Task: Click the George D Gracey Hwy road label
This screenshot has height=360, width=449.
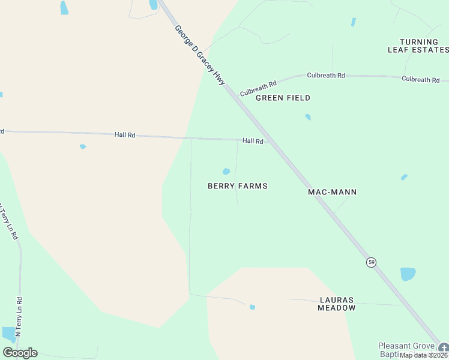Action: click(x=199, y=55)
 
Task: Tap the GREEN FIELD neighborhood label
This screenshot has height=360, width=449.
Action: click(x=283, y=98)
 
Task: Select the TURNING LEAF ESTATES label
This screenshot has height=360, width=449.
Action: click(x=418, y=46)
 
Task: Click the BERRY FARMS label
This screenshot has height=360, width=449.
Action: click(x=237, y=186)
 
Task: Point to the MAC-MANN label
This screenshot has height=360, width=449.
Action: click(x=332, y=192)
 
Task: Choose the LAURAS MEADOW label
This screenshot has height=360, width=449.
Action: click(x=337, y=304)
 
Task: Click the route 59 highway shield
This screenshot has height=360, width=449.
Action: click(x=372, y=262)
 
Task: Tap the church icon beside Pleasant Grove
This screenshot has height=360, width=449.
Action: click(x=444, y=347)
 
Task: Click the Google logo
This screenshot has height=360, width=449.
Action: click(x=20, y=352)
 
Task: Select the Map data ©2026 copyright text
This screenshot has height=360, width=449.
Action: click(x=423, y=355)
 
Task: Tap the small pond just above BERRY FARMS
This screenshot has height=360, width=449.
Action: click(x=226, y=172)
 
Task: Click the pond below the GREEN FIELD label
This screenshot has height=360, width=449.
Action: click(x=308, y=117)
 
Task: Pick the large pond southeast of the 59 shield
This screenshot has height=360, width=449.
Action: click(x=408, y=274)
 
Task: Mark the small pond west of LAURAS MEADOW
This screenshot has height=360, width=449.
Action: click(x=252, y=307)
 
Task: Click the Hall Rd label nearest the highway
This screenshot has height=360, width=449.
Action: click(x=253, y=141)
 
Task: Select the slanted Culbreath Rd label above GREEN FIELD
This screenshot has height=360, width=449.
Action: click(x=258, y=89)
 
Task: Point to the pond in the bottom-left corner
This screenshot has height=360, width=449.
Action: click(x=9, y=334)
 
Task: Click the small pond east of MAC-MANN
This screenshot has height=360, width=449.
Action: click(x=404, y=177)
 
